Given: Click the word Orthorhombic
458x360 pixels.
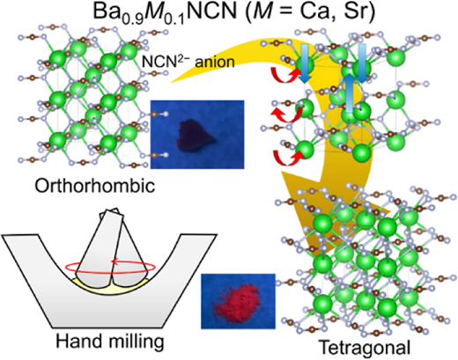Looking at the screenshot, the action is point(95,186).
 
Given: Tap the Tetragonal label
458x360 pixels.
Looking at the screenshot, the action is point(365,348).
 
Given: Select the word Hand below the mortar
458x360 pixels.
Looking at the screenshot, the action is point(78,342).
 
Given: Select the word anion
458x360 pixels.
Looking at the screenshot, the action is point(215,62).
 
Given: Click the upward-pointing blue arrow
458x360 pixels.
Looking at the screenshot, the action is point(349,93).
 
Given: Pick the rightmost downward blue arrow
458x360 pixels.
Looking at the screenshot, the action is point(362,63).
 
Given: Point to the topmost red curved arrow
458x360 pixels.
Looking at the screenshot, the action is point(284,76).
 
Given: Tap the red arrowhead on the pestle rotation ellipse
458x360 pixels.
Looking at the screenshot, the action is point(115,261).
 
